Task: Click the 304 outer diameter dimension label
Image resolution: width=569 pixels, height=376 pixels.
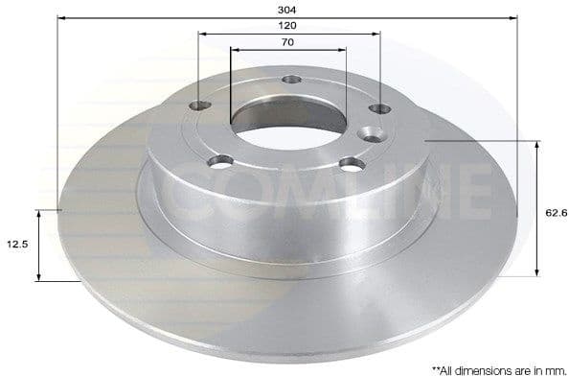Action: (287, 9)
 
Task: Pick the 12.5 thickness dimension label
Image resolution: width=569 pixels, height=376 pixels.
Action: (16, 245)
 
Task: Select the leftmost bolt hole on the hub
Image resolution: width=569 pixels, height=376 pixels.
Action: (200, 106)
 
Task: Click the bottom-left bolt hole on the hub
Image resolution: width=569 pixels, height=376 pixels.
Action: (222, 159)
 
